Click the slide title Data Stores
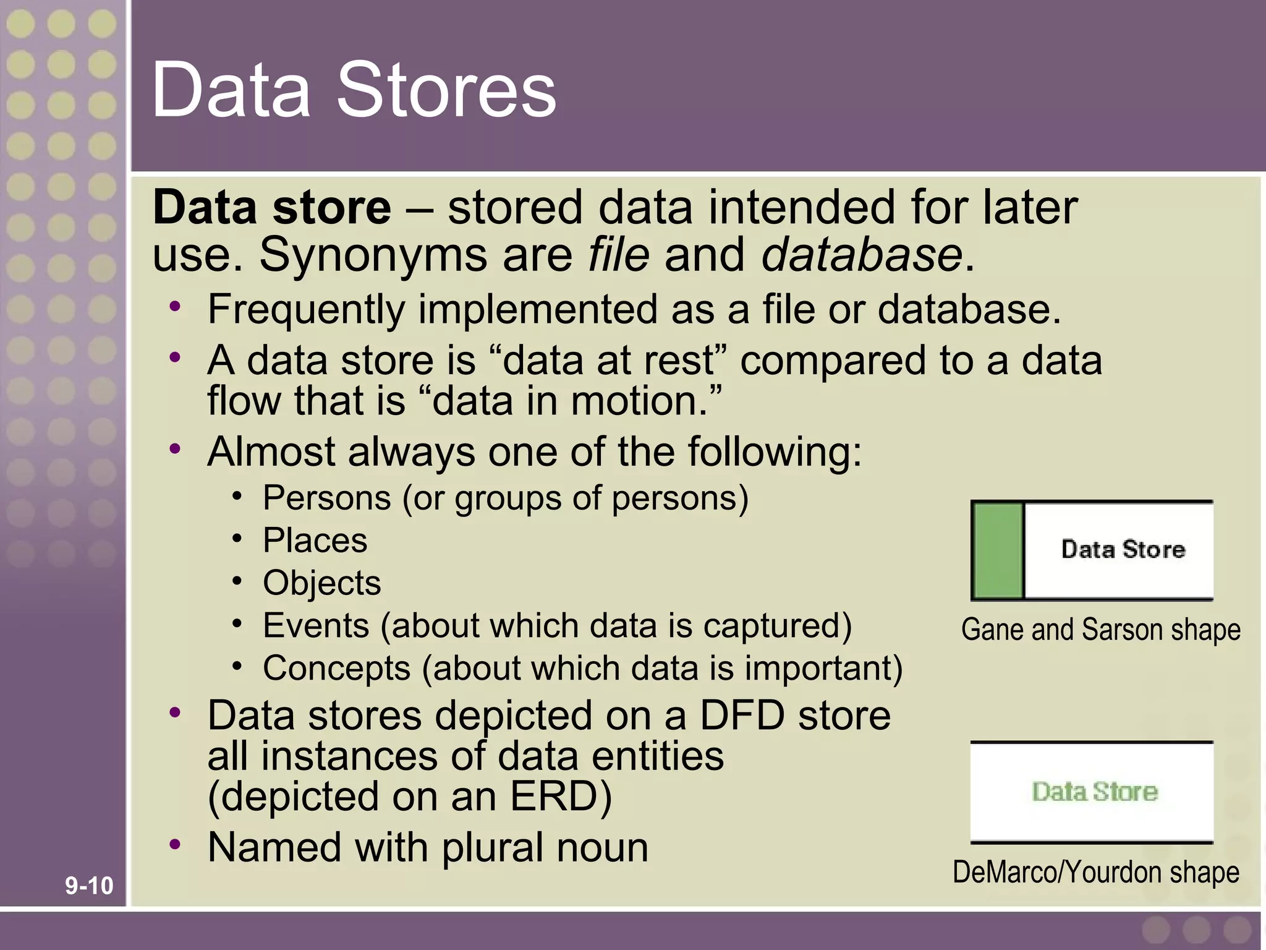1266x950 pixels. [x=354, y=90]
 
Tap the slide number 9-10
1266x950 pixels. [x=90, y=886]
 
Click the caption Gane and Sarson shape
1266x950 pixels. [x=1100, y=630]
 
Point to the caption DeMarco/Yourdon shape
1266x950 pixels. [x=1095, y=872]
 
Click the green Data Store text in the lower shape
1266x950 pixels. [x=1095, y=792]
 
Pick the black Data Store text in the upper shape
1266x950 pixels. [x=1123, y=549]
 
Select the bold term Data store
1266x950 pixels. [x=272, y=207]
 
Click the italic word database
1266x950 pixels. [x=862, y=254]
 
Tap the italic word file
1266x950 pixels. [x=619, y=254]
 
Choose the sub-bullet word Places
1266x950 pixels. [x=315, y=540]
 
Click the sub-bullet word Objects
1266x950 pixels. [x=321, y=583]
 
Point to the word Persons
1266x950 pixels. [x=327, y=498]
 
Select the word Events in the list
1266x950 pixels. [x=315, y=625]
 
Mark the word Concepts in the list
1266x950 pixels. [x=336, y=668]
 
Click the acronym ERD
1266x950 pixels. [x=560, y=796]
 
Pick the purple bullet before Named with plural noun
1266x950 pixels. [x=176, y=844]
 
